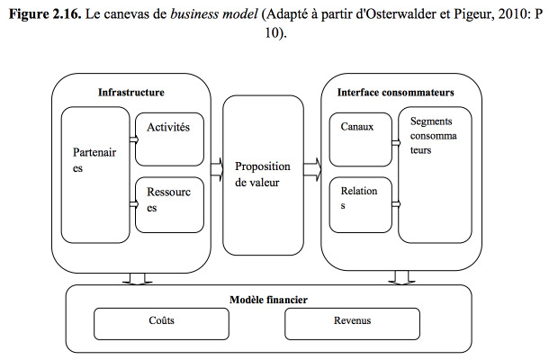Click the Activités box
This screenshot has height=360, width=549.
[169, 139]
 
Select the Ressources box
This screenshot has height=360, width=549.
[169, 205]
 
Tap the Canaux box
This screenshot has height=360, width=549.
[361, 139]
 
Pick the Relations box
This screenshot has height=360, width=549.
[361, 205]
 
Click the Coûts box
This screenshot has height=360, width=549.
[161, 324]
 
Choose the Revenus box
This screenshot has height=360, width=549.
[352, 324]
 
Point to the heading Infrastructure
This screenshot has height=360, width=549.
[131, 92]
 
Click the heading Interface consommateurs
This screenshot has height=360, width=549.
[396, 92]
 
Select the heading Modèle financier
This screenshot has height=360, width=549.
[268, 300]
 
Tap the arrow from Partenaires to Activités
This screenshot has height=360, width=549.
[134, 139]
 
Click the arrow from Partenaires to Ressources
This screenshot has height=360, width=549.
[134, 204]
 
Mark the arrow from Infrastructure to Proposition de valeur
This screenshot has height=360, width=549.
[217, 169]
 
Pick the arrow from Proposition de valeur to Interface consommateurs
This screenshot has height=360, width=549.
[312, 169]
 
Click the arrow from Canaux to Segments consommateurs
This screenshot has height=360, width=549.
[396, 142]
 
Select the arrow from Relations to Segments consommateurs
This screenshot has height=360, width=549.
[396, 203]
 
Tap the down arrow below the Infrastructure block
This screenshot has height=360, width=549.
[137, 279]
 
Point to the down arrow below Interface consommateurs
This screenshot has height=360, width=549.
[401, 277]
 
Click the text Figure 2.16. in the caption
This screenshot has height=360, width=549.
[45, 14]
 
